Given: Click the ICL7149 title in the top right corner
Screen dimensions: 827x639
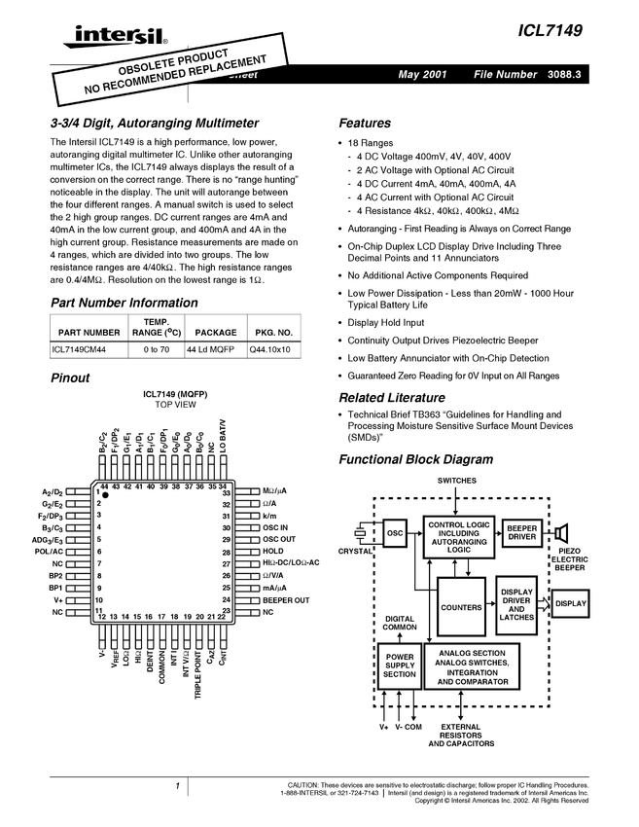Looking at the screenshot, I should click(x=550, y=31).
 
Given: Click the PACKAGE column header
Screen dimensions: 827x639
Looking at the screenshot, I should click(x=209, y=332).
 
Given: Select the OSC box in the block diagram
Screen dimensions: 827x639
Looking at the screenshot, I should click(x=395, y=533).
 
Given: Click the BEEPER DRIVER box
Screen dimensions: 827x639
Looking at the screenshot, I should click(x=522, y=532).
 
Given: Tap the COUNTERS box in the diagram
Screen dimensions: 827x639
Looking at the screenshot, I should click(x=461, y=607).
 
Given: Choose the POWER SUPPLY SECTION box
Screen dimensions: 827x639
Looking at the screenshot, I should click(x=399, y=665).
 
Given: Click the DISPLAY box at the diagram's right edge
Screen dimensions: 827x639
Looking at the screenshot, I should click(x=571, y=604).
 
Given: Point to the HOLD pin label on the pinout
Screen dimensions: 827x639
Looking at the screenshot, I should click(x=273, y=552).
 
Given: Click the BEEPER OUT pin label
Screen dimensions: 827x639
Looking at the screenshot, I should click(x=286, y=600).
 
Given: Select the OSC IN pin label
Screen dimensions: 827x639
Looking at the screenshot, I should click(x=276, y=527).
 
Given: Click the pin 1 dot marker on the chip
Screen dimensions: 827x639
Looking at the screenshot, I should click(x=106, y=496).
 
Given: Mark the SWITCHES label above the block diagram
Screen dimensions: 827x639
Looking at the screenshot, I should click(x=457, y=481).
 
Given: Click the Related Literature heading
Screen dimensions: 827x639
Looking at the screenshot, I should click(x=392, y=398).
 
